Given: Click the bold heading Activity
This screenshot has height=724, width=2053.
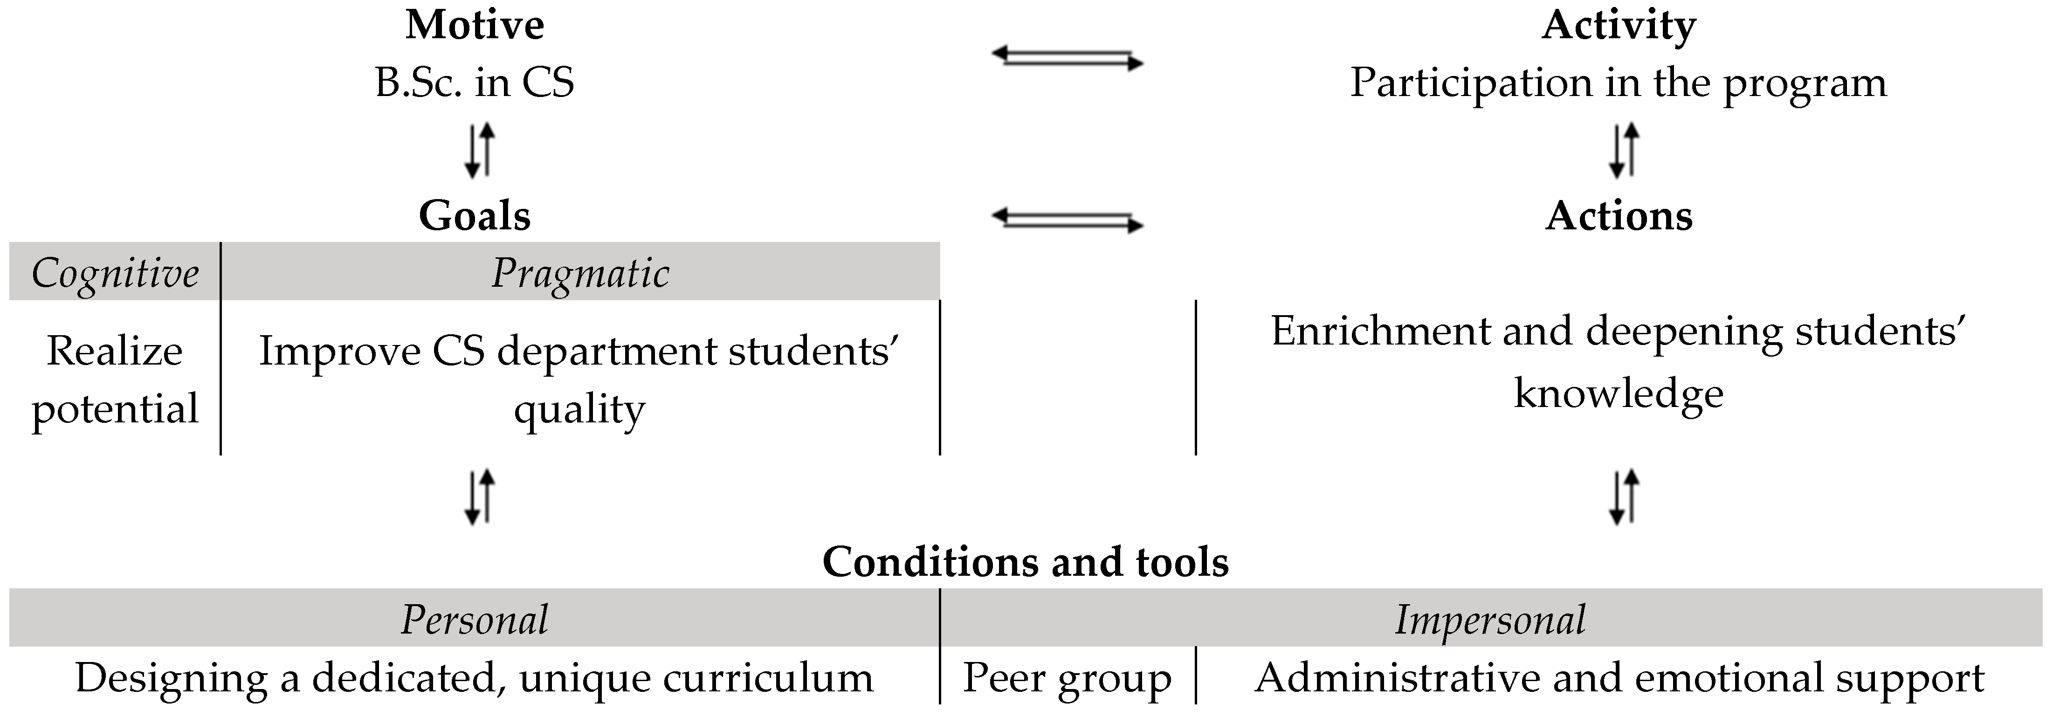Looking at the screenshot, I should click(1618, 25).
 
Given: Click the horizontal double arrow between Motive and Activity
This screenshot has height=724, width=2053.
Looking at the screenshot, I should click(1067, 58).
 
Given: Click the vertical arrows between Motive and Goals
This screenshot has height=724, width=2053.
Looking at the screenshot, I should click(480, 149).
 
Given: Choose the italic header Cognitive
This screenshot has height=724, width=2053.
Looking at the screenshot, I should click(115, 274).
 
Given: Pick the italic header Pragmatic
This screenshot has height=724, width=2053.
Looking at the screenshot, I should click(580, 274).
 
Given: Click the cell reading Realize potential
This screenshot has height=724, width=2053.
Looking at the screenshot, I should click(115, 379).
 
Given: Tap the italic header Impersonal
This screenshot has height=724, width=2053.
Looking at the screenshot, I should click(1489, 620).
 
